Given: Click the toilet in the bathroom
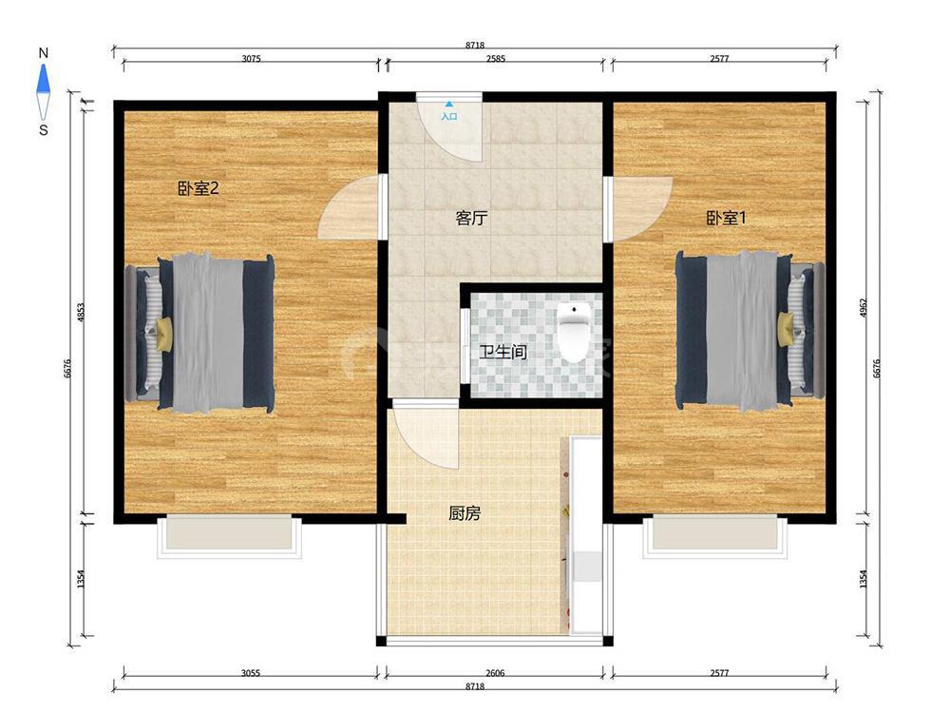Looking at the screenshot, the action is pyautogui.click(x=573, y=332).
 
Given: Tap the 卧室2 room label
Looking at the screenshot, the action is pyautogui.click(x=198, y=188).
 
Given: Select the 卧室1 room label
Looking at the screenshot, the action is pyautogui.click(x=726, y=218).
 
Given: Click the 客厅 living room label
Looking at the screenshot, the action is pyautogui.click(x=471, y=218).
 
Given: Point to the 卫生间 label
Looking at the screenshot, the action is pyautogui.click(x=503, y=352).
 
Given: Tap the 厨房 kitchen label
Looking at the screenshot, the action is pyautogui.click(x=465, y=513).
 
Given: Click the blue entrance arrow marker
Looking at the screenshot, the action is pyautogui.click(x=449, y=105).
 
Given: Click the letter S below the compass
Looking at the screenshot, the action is pyautogui.click(x=43, y=129).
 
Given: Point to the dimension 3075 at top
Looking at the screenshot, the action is pyautogui.click(x=252, y=59).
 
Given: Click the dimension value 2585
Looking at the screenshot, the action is pyautogui.click(x=496, y=59).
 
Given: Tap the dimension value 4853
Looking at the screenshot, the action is pyautogui.click(x=81, y=313).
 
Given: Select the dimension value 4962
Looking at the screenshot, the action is pyautogui.click(x=864, y=309).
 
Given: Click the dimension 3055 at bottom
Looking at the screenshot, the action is pyautogui.click(x=251, y=673).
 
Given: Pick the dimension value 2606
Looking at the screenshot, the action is pyautogui.click(x=495, y=673).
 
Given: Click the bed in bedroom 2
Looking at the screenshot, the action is pyautogui.click(x=199, y=334).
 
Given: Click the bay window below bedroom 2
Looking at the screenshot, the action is pyautogui.click(x=229, y=536).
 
